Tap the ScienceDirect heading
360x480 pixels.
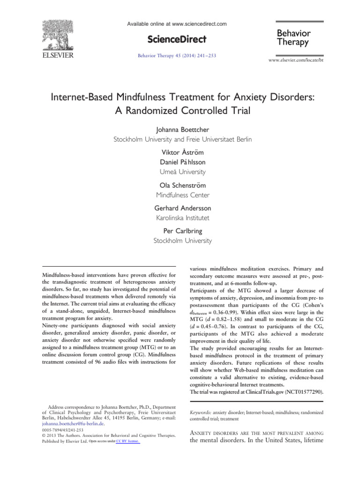tap(177, 39)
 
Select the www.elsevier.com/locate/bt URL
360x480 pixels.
tap(295, 61)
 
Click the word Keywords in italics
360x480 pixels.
tap(200, 412)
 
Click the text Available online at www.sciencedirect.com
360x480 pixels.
tap(177, 23)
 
